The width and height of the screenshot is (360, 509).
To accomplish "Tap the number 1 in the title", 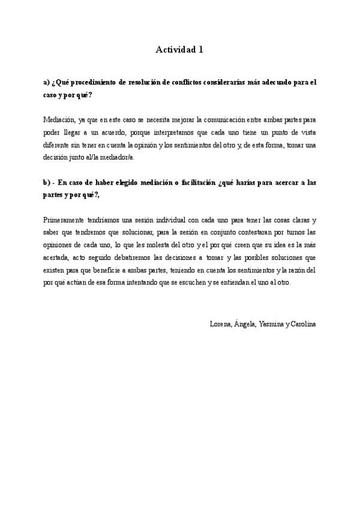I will [200, 50].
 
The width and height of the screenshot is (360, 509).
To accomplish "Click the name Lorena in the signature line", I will [220, 324].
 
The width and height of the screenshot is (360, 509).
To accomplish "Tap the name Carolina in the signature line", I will [304, 324].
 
